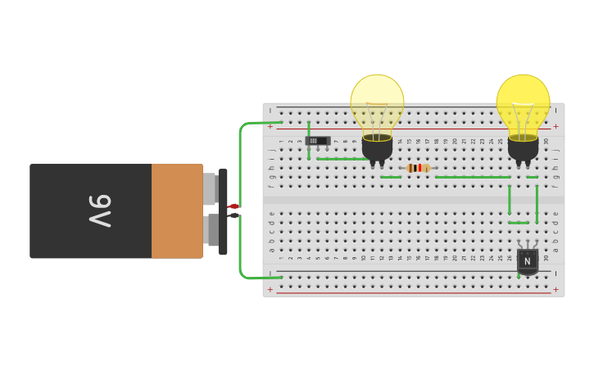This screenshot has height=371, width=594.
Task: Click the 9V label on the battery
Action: [99, 211]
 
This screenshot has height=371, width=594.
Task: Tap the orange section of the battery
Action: [177, 211]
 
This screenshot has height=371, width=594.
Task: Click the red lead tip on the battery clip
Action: [234, 206]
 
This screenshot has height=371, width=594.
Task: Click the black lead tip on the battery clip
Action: [234, 215]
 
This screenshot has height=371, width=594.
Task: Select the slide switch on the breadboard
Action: [317, 141]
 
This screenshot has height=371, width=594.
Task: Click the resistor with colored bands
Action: [418, 168]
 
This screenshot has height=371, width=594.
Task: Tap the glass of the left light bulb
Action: [377, 102]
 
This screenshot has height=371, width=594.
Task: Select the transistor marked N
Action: [528, 261]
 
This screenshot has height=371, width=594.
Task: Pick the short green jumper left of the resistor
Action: [391, 177]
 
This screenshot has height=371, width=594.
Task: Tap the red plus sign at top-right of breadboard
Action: [555, 126]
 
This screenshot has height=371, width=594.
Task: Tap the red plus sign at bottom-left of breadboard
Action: [270, 289]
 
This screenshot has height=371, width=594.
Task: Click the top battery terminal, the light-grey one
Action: [210, 188]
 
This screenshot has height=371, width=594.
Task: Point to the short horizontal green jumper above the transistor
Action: [519, 222]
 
